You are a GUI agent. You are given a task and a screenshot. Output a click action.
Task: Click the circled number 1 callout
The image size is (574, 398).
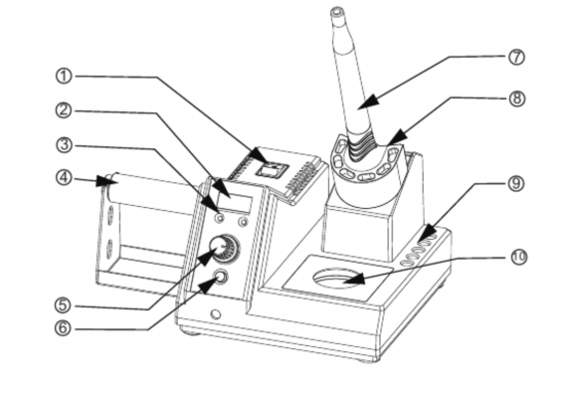click(64, 77)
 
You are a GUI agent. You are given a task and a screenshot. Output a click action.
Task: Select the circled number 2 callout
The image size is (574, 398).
click(64, 110)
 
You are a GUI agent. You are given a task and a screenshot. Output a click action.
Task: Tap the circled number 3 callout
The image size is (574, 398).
click(64, 145)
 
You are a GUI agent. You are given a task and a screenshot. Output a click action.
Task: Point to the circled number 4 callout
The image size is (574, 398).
click(64, 178)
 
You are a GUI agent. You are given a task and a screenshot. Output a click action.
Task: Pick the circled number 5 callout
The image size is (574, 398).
click(63, 305)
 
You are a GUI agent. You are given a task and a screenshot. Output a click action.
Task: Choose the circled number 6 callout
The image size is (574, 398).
click(63, 328)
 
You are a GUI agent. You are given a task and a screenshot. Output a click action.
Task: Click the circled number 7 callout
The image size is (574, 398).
click(516, 57)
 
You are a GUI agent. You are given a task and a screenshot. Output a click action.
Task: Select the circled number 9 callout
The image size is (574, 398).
click(516, 183)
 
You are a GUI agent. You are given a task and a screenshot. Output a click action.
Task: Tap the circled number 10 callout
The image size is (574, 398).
click(518, 257)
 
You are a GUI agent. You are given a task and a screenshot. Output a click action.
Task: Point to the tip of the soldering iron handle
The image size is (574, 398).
click(336, 11)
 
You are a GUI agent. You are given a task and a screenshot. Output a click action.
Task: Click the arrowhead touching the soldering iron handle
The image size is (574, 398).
click(368, 100)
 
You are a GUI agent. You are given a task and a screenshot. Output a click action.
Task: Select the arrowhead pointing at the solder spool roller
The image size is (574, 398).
click(104, 181)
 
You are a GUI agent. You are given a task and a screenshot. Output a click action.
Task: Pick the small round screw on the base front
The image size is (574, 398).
click(216, 314)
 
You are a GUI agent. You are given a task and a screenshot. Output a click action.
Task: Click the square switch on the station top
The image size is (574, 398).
click(272, 170)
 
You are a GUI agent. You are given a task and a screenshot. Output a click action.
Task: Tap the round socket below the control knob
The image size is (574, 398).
click(221, 277)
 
